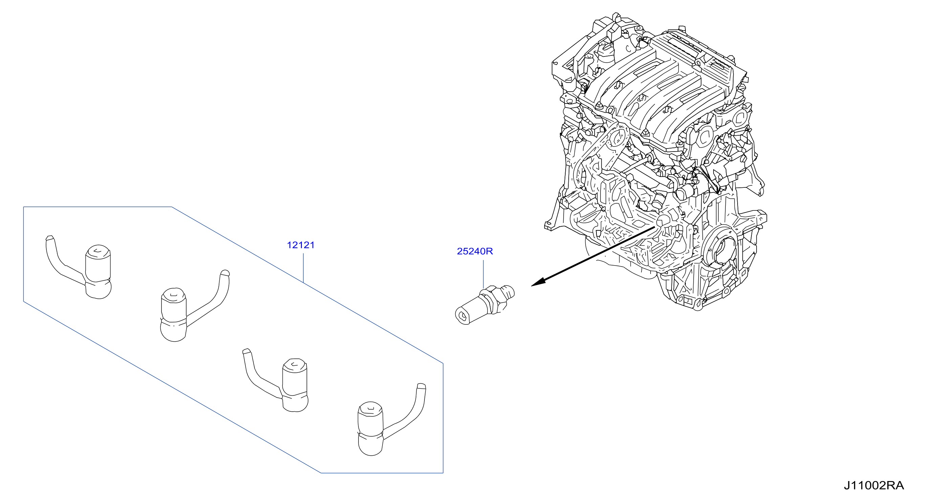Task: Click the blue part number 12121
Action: click(x=301, y=245)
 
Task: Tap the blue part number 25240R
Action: click(x=475, y=251)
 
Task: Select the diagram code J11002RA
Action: click(x=874, y=485)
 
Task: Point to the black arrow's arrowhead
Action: click(x=538, y=282)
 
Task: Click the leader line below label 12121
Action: click(x=303, y=268)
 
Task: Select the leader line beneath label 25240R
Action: click(x=483, y=274)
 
